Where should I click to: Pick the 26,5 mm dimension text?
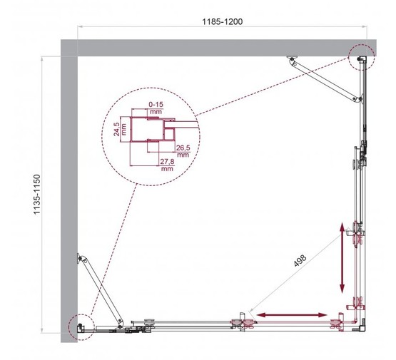(183, 150)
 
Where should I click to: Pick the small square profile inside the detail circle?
(170, 133)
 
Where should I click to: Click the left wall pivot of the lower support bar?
(81, 259)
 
